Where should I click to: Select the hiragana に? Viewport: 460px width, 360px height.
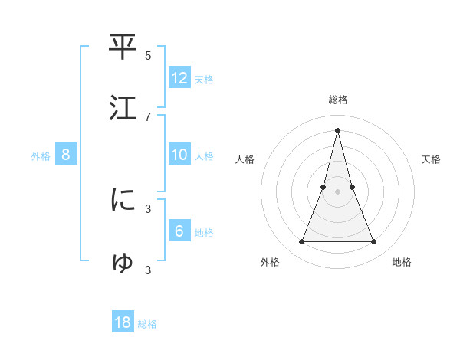coord(123,200)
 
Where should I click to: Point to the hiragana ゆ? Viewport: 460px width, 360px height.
coord(123,262)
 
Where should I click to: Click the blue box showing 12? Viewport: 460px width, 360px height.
coord(179,78)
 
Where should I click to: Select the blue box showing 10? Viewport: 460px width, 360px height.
coord(179,155)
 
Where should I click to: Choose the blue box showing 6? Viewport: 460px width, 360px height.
coord(179,231)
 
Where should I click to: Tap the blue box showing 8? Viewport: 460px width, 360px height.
coord(66,155)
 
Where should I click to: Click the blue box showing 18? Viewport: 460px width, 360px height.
coord(123,322)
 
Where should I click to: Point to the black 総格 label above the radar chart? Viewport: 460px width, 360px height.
coord(338,100)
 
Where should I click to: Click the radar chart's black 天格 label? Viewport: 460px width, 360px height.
coord(431,159)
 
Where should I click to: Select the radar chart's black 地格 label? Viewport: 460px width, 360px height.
coord(402,262)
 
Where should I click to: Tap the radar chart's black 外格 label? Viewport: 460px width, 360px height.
coord(270,262)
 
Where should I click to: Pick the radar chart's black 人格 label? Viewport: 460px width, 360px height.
coord(245,159)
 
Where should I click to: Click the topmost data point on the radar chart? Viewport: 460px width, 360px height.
coord(337,129)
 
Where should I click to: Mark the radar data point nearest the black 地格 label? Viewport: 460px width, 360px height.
coord(374,242)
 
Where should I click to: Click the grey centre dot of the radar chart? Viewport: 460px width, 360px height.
coord(337,191)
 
